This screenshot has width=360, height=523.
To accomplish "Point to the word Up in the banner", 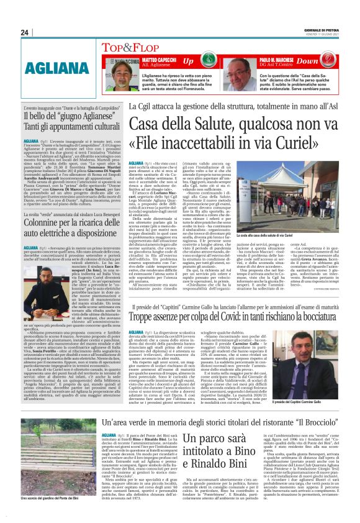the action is (x=187, y=61).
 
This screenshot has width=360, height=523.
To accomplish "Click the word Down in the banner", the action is (x=309, y=61).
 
